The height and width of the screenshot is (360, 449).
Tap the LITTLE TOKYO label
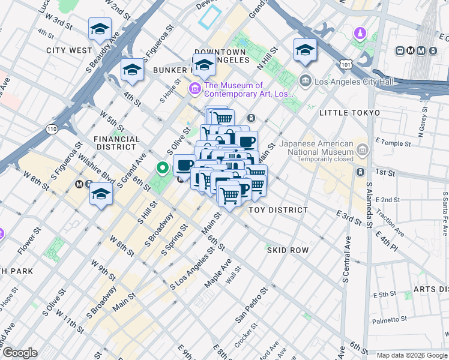point(349,113)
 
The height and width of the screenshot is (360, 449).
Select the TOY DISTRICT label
point(278,210)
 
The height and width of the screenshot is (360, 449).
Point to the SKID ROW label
point(288,250)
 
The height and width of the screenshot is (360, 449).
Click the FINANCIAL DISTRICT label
point(116,143)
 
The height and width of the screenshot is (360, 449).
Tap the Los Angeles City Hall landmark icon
point(305,80)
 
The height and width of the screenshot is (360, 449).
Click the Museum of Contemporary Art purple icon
point(194,89)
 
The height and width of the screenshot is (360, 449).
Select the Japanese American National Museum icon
point(362,148)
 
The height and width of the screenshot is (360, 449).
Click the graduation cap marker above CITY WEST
point(100,28)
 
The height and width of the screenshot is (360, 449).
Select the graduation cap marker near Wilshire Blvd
point(101,194)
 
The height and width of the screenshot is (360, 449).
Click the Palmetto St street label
point(390,320)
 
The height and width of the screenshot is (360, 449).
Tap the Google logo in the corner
point(20,353)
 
